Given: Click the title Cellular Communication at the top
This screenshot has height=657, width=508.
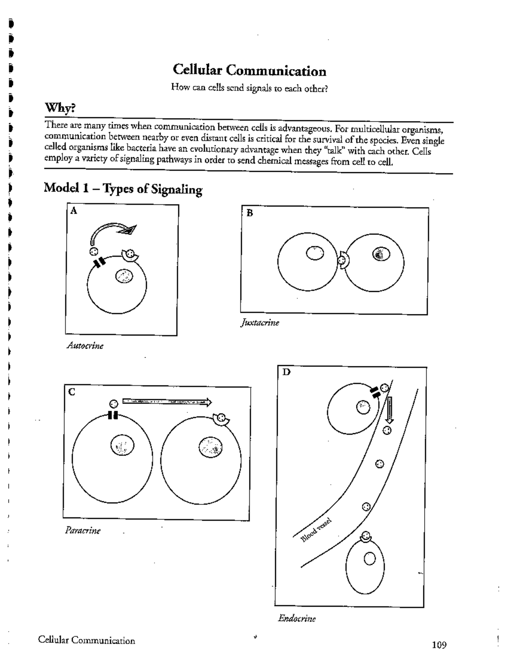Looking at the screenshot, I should click(x=249, y=71).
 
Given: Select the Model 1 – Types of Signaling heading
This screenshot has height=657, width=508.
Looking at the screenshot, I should click(x=123, y=189).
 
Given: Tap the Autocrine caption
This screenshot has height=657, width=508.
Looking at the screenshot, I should click(x=85, y=346).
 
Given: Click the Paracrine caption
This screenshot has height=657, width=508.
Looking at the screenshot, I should click(x=83, y=530).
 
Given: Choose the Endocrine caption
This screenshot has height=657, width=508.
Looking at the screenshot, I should click(x=297, y=619).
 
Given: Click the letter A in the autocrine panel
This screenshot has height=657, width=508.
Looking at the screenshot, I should click(x=74, y=211).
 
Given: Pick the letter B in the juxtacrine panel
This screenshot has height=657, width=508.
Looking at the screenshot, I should click(x=249, y=213).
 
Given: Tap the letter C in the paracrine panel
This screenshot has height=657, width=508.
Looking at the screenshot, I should click(x=72, y=392).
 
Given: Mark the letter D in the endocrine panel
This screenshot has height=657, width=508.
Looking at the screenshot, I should click(x=287, y=372).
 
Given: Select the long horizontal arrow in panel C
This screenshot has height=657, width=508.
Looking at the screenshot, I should click(x=166, y=401).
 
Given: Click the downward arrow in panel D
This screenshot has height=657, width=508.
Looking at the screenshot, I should click(x=389, y=410).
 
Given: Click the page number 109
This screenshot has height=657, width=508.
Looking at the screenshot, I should click(x=439, y=645).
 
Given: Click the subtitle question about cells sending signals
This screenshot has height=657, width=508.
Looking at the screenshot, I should click(x=249, y=88).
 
